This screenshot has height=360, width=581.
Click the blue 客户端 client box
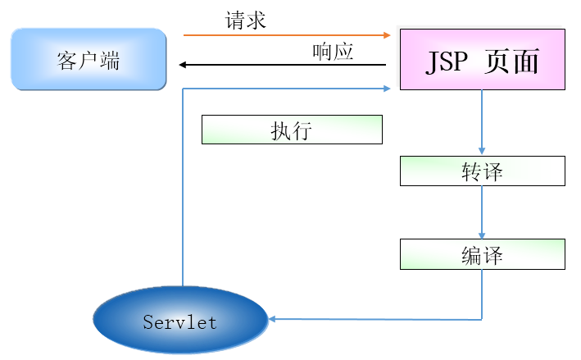click(x=89, y=59)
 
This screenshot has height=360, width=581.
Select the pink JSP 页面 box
click(x=482, y=59)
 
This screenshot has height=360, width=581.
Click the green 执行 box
click(x=292, y=130)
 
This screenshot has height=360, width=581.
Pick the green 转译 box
click(x=482, y=171)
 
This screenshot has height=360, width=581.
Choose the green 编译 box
click(x=482, y=254)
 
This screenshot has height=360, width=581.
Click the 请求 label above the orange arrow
click(x=246, y=21)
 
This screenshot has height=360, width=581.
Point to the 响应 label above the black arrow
click(x=333, y=52)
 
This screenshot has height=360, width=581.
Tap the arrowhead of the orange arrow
click(x=388, y=35)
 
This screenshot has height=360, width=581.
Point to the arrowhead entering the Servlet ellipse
click(x=273, y=318)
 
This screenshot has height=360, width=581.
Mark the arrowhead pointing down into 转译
click(x=482, y=152)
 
